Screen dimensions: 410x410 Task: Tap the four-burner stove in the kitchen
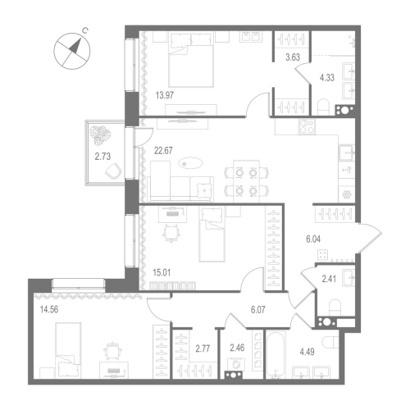[307, 129]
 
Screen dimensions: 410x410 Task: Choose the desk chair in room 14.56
[113, 353]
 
